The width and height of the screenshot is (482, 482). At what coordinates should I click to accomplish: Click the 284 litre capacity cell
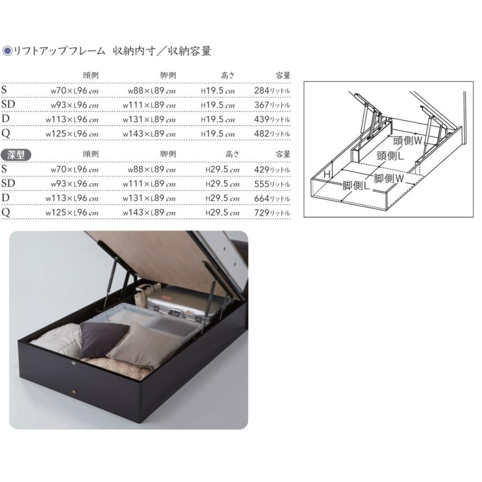click(272, 91)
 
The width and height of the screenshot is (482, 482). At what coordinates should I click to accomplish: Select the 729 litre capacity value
click(272, 213)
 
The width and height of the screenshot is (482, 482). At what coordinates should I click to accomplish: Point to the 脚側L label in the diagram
click(357, 186)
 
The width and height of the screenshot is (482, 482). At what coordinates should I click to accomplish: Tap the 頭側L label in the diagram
click(390, 156)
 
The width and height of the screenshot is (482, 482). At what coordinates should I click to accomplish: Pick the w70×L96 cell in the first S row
click(74, 91)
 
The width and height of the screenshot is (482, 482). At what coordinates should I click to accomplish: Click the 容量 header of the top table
click(283, 76)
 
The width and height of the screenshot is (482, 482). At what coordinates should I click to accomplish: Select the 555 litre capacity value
click(272, 184)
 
